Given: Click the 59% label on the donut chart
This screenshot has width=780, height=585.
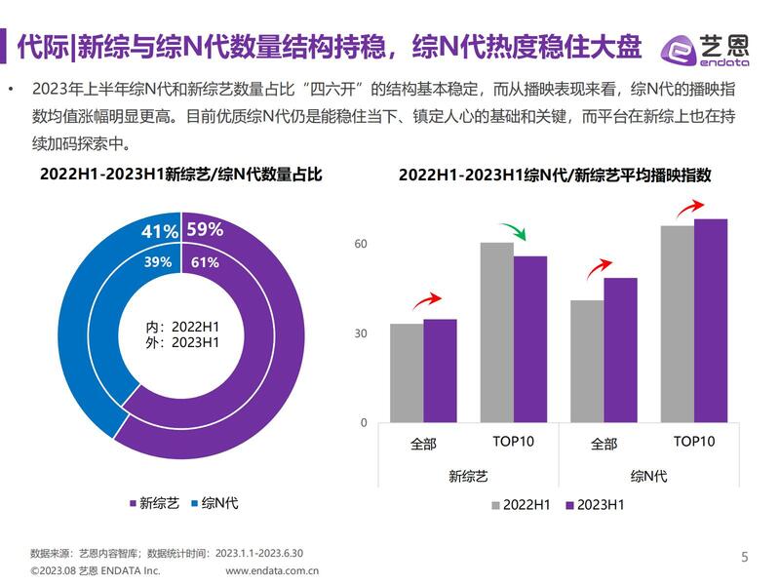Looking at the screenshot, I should pos(205,230).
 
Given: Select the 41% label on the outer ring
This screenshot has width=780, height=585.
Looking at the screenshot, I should pos(160,231).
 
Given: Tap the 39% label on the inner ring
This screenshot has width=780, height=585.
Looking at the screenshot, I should pos(158,261).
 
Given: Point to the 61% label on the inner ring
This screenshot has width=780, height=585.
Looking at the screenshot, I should pos(205,261).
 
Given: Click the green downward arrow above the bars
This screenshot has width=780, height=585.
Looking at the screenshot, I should pos(514,232).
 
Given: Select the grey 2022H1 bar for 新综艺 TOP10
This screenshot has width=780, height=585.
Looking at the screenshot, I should pos(497,332).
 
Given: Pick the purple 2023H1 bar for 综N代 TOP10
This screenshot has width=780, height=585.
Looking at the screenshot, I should pos(711,321).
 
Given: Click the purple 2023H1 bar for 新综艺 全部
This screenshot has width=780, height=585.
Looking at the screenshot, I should pos(440,371).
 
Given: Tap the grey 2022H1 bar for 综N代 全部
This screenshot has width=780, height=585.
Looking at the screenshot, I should pos(587,362).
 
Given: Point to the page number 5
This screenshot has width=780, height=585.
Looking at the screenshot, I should pos(746,558).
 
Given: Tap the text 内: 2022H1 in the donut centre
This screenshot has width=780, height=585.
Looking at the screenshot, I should pos(182,326).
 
